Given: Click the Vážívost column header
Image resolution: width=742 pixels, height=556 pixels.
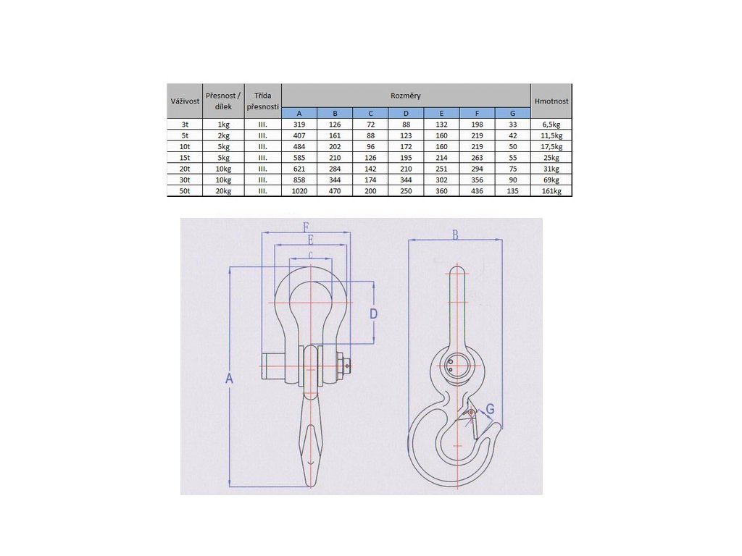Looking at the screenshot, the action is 185,101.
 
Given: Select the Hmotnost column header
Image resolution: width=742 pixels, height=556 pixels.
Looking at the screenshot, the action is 551,101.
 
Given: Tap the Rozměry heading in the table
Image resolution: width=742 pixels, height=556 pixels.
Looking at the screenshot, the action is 406,96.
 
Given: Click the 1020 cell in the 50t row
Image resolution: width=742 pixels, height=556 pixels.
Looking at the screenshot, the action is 299,191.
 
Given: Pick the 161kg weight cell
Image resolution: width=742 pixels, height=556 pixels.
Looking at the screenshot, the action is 551,191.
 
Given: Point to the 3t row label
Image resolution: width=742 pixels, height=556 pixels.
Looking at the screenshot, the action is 185,125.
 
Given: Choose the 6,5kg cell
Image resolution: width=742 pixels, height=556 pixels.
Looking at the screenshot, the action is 551,125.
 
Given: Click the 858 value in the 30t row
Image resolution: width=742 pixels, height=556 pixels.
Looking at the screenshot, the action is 299,180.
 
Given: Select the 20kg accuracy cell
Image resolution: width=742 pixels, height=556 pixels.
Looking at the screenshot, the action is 223,191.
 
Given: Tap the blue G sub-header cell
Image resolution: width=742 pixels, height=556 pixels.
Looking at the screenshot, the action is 512,114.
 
